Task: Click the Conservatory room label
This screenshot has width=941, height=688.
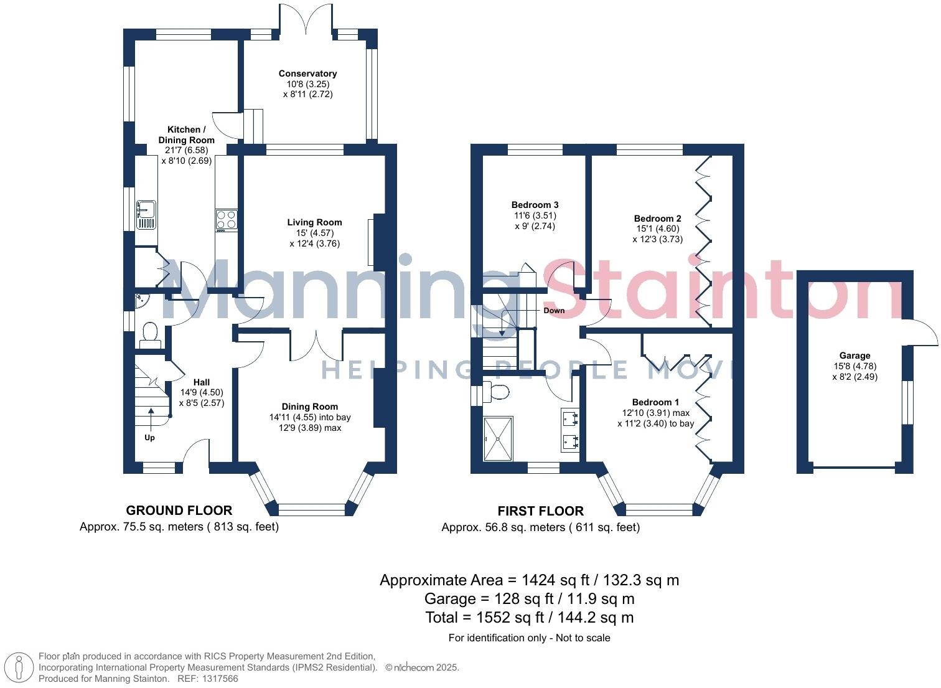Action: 307,73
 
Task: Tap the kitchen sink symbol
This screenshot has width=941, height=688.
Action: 146,215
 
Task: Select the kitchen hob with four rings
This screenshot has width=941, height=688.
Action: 227,220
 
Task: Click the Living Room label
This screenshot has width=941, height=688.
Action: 314,222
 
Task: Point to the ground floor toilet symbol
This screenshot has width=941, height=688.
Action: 150,334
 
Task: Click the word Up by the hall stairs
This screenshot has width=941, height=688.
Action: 149,438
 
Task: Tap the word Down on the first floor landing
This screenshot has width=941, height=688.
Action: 553,310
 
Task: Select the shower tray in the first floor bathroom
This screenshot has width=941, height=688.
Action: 498,438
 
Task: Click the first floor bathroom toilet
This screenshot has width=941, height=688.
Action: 497,392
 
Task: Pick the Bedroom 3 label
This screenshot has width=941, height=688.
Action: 535,205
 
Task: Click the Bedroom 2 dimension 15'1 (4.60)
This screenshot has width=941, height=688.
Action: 657,229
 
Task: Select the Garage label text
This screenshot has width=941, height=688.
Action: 854,356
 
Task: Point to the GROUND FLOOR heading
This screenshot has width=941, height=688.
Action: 179,511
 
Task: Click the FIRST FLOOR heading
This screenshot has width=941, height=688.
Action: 540,511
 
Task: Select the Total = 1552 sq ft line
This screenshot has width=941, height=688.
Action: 529,618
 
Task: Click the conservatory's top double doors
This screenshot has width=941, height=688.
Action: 306,19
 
